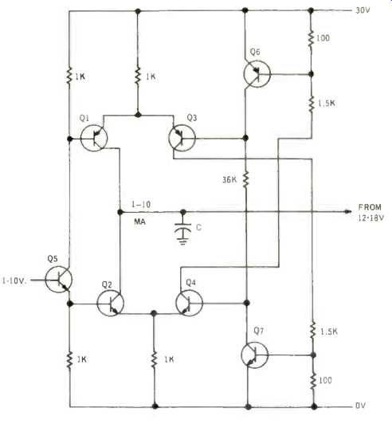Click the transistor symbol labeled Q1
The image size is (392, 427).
coord(94,138)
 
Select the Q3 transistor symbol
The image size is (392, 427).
coord(182,138)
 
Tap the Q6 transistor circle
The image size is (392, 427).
coord(257,74)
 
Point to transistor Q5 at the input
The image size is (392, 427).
coord(59,280)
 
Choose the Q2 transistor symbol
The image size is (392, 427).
coord(110,303)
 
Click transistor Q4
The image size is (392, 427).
coord(190,303)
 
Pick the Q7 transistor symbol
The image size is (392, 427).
coord(255,355)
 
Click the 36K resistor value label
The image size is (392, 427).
coord(229,180)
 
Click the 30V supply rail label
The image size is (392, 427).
coord(363,10)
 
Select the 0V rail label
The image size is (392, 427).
coord(360,405)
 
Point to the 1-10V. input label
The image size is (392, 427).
coord(14,280)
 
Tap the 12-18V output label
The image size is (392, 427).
coord(370,217)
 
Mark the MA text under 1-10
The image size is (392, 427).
coord(139,221)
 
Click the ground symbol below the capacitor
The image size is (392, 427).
coord(182,241)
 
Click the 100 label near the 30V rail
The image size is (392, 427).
coord(323,38)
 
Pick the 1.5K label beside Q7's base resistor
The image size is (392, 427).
coord(328,331)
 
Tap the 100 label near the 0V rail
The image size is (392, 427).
coord(325,380)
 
